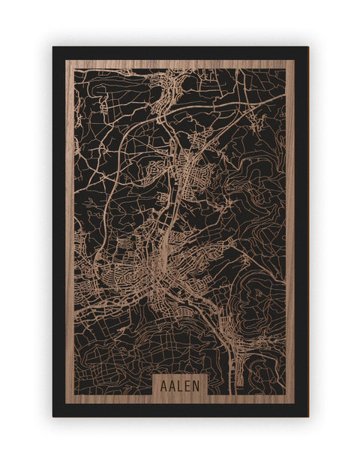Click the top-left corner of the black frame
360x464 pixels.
pyautogui.click(x=53, y=47)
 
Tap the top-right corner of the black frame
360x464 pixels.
pyautogui.click(x=307, y=47)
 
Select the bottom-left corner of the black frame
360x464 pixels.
pyautogui.click(x=53, y=416)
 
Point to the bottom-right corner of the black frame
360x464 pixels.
pyautogui.click(x=307, y=416)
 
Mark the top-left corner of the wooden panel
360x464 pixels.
pyautogui.click(x=66, y=61)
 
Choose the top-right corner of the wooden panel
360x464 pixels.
pyautogui.click(x=294, y=61)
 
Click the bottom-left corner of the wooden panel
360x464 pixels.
pyautogui.click(x=66, y=403)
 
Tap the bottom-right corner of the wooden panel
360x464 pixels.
pyautogui.click(x=294, y=403)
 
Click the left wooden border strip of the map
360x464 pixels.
pyautogui.click(x=70, y=225)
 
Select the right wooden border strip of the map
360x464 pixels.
pyautogui.click(x=290, y=225)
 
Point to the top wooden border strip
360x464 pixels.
pyautogui.click(x=180, y=65)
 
